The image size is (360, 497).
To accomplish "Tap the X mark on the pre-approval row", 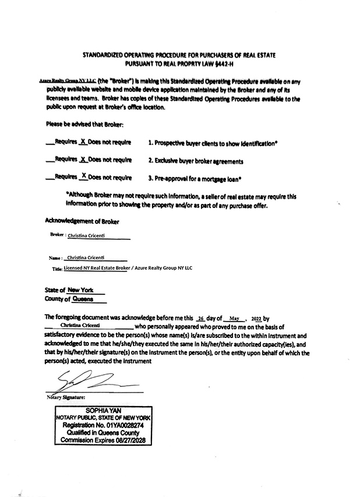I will (x=84, y=177).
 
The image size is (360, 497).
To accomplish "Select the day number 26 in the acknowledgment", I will (x=201, y=319).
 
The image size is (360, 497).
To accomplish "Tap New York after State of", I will (x=80, y=290).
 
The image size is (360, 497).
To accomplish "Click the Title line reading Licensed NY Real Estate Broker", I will (x=96, y=268).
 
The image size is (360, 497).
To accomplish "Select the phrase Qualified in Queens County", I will (x=103, y=433).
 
